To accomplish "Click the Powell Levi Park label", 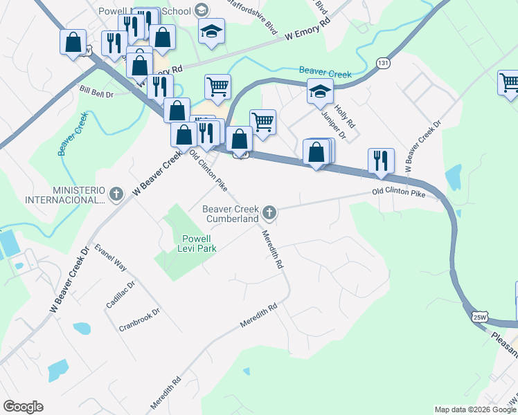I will [195, 243].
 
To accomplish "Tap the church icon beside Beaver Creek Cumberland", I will [270, 214].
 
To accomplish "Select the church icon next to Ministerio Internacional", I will [116, 194].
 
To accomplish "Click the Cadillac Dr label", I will [120, 294].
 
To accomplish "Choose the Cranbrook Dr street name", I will [139, 319].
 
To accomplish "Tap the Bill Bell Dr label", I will [96, 92].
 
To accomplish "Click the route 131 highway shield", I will [383, 62].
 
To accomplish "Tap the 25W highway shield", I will [479, 317].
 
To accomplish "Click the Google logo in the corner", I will [23, 407].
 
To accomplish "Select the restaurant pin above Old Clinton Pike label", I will [381, 160].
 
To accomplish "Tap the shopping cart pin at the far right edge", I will [509, 82].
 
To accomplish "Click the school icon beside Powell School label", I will [202, 10].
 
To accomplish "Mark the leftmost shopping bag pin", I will [73, 43].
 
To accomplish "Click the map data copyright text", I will [475, 409].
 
